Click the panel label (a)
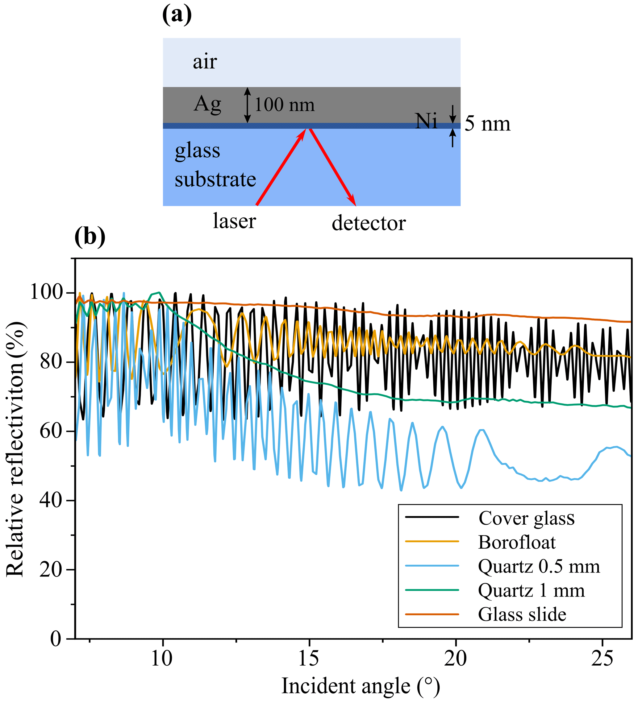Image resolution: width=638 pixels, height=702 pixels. [x=177, y=15]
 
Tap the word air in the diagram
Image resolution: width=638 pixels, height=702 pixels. [x=205, y=62]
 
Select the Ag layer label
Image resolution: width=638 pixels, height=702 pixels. [x=207, y=104]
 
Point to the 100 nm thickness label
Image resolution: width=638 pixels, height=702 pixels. [x=284, y=105]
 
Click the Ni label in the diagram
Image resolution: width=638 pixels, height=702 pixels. [x=426, y=121]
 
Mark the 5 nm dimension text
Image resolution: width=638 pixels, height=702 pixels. [x=487, y=124]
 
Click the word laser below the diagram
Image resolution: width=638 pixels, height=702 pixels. [x=235, y=221]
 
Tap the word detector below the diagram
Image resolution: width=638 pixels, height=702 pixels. [x=369, y=223]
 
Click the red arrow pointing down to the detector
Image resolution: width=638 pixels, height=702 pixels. [x=333, y=167]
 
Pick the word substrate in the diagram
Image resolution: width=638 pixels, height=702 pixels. [x=215, y=180]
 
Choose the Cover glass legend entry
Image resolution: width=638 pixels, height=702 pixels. [x=526, y=518]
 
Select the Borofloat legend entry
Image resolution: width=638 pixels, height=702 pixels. [x=517, y=542]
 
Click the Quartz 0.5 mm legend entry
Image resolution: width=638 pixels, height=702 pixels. [x=539, y=566]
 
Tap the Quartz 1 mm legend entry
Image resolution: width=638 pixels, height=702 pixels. [x=531, y=591]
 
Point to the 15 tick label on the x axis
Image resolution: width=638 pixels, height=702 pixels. [x=309, y=657]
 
